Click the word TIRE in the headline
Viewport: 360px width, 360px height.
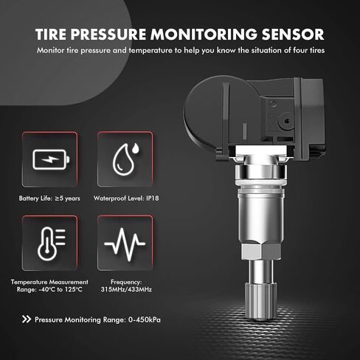coord(51,34)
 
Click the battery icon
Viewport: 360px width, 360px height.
coord(51,159)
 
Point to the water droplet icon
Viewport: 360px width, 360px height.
coord(125,159)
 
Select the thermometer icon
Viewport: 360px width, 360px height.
coord(52,243)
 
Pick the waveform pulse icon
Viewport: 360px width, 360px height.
coord(125,244)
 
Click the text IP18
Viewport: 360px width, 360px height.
coord(153,198)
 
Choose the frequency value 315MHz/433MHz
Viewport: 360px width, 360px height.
coord(126,289)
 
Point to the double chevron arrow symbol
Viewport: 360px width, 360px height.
coord(27,319)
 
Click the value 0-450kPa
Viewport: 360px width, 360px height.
coord(145,319)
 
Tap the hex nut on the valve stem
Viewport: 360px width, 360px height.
coord(260,252)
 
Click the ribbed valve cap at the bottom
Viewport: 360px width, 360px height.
coord(260,301)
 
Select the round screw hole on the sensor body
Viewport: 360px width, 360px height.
coord(287,121)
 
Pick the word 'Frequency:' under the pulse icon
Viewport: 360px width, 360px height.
coord(126,282)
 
